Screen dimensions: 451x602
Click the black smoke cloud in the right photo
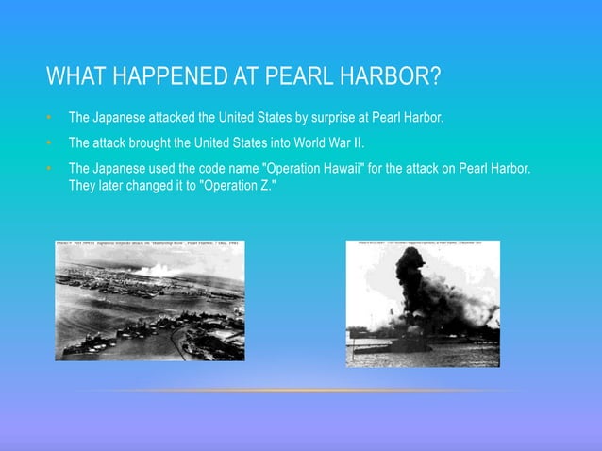[415, 283]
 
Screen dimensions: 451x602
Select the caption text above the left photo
[149, 243]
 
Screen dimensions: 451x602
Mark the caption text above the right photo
[422, 242]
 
